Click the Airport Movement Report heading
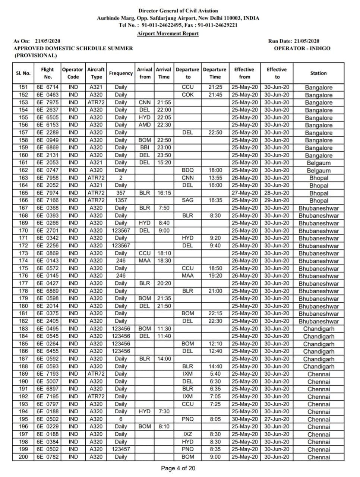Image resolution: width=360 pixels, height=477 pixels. point(168,34)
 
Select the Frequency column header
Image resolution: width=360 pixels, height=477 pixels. point(121,73)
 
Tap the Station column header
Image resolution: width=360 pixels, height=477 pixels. point(318,73)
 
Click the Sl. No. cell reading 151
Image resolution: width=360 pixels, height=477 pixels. point(23,87)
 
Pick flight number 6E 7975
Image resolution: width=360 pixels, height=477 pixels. point(47,102)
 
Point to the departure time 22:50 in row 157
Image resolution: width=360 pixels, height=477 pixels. point(215,133)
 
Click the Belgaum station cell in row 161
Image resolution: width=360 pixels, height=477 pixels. point(319,163)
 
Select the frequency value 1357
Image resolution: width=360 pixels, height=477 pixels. point(121,200)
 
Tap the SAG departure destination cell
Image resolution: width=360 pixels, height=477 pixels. point(187,200)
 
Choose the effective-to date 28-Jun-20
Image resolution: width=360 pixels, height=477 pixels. point(277,193)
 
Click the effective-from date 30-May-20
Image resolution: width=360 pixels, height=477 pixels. point(244,419)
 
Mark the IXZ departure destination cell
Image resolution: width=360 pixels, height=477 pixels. point(187,434)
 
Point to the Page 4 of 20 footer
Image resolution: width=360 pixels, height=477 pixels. point(178,468)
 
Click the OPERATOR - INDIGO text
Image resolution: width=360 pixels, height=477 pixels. point(302,48)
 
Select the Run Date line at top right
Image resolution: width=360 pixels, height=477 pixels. point(294,41)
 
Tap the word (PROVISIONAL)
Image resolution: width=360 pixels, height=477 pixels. point(36,56)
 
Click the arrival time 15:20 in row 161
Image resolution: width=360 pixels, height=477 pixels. point(164,163)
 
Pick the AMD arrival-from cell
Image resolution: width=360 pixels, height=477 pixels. point(145,125)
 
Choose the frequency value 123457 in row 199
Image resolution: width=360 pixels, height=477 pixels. point(121,449)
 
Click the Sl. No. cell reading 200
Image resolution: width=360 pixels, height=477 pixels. point(23,457)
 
